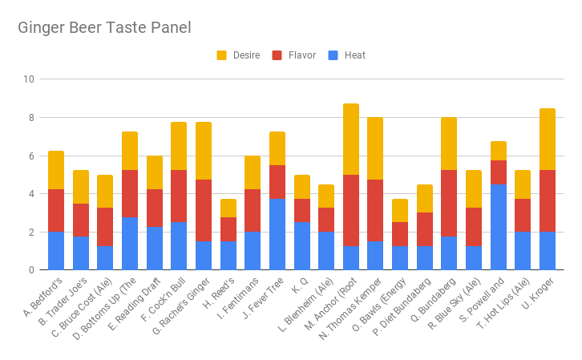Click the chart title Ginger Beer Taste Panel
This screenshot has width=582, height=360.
pyautogui.click(x=104, y=28)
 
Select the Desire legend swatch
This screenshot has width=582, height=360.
pyautogui.click(x=222, y=55)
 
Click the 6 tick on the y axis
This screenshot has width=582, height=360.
pyautogui.click(x=31, y=156)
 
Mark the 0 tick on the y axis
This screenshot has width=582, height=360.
pyautogui.click(x=31, y=270)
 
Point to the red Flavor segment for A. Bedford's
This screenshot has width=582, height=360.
pyautogui.click(x=56, y=210)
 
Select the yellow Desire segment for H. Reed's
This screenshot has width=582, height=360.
pyautogui.click(x=228, y=208)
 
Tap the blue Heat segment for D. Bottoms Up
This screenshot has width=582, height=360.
pyautogui.click(x=130, y=244)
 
